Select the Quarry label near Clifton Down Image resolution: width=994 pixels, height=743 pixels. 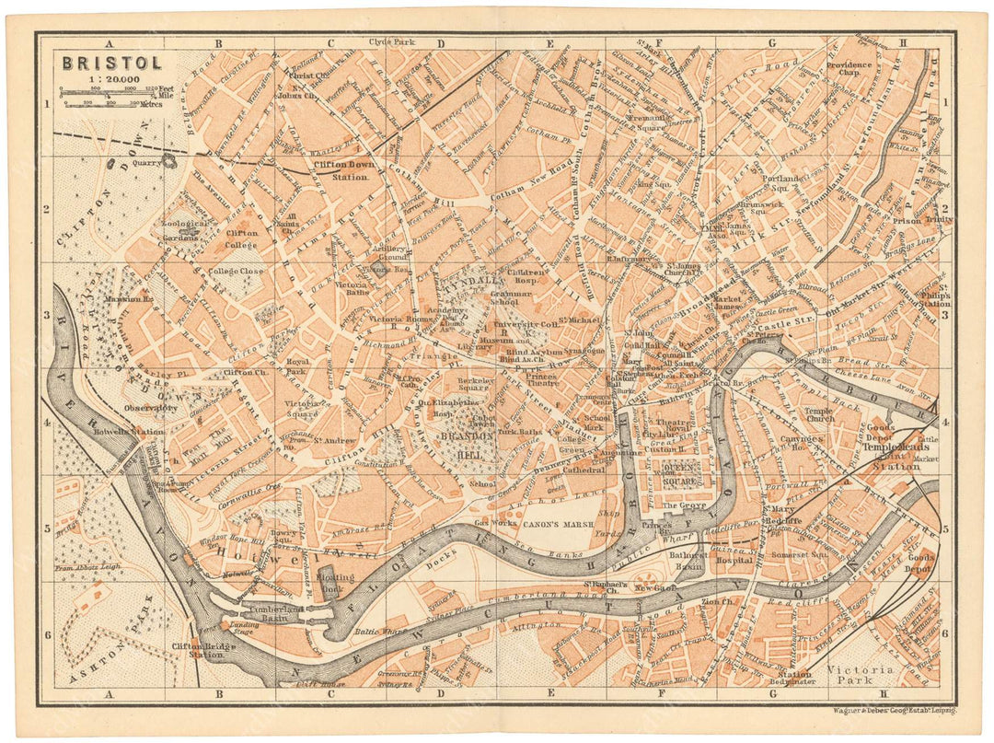[146, 162]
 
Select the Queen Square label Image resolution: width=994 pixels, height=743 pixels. [683, 473]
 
